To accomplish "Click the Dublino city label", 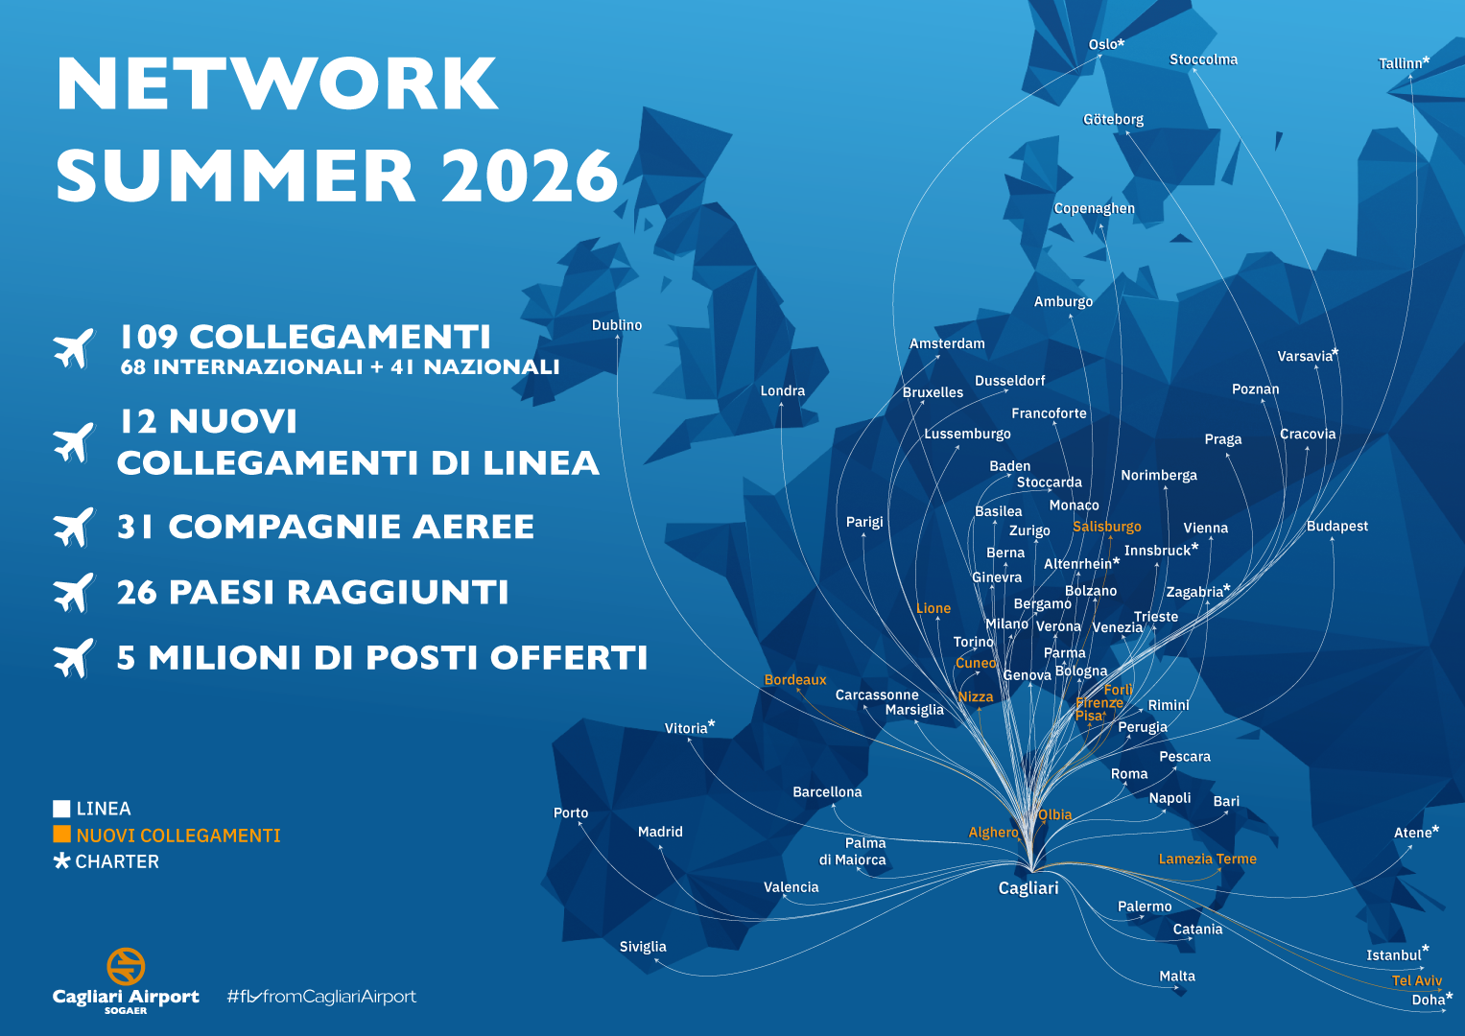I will coord(617,325).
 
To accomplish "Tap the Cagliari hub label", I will coord(1028,888).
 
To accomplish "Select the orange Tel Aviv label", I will coord(1417,980).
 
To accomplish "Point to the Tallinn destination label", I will coord(1401,64).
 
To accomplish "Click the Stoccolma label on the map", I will coord(1203,59).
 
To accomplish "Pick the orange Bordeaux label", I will coord(795,680).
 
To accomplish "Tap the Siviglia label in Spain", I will coord(643,947).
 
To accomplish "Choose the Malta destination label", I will coord(1177,977).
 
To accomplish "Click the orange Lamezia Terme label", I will coord(1207,859).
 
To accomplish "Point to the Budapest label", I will coord(1337,527).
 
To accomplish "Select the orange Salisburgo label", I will coord(1107,527).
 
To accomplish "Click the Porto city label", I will coord(571,813).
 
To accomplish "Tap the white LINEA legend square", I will coord(61,809).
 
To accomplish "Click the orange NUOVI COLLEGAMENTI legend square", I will coord(61,835).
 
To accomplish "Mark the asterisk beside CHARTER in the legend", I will coord(62,860).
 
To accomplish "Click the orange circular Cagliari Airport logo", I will coord(126,966).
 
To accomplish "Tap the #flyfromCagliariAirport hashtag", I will coord(321,997).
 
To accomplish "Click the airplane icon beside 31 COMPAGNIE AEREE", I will coord(74,527).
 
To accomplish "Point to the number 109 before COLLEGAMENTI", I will coord(149,337).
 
